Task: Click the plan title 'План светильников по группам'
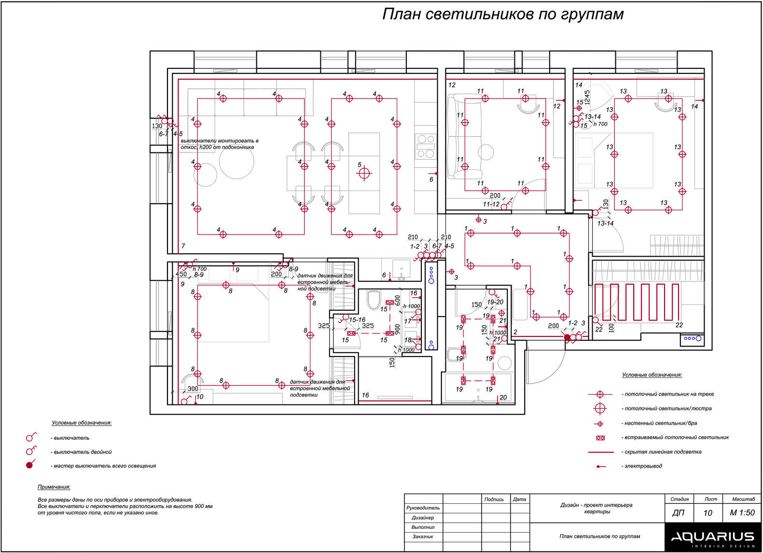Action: click(x=502, y=14)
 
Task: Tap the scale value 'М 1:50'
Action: click(x=742, y=512)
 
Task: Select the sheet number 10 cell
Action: click(x=708, y=512)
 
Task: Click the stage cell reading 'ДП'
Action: click(x=678, y=512)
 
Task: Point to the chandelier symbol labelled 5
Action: click(x=364, y=173)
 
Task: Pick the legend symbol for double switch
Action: click(x=30, y=451)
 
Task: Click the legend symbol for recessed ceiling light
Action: click(x=600, y=438)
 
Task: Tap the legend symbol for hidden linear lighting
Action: click(x=600, y=452)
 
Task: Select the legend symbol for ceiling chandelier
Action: click(x=600, y=408)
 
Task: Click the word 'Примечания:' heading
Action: click(x=54, y=487)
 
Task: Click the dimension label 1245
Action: click(x=587, y=97)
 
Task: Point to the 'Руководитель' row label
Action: click(x=423, y=508)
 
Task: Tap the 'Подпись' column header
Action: click(x=494, y=499)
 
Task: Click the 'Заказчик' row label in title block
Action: click(x=423, y=537)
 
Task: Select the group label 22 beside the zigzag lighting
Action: click(x=679, y=325)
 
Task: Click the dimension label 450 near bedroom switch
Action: click(x=181, y=274)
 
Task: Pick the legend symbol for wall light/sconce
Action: click(x=600, y=424)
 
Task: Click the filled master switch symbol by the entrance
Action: click(x=568, y=337)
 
